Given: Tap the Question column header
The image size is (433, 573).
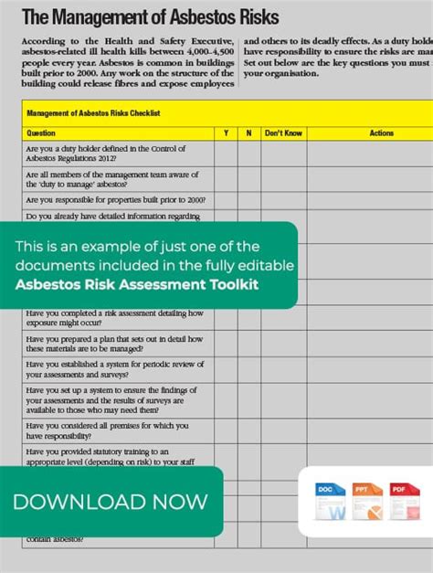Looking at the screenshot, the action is [x=41, y=133].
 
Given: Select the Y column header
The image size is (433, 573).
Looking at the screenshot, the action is [x=226, y=133].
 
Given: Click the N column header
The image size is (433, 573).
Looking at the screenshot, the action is [x=248, y=133].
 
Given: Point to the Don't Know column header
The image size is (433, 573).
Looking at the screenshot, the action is [x=283, y=133].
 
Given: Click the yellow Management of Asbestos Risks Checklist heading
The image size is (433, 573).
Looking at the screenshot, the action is [x=93, y=113].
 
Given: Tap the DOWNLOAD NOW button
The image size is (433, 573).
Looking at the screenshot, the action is [x=111, y=502].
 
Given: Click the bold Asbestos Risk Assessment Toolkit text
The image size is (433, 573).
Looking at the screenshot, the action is [x=136, y=284].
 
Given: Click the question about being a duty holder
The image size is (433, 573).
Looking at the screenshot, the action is [x=105, y=154].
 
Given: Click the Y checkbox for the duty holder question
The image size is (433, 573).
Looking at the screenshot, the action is [x=226, y=154].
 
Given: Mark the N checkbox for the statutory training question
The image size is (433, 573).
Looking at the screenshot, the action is [x=248, y=457].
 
